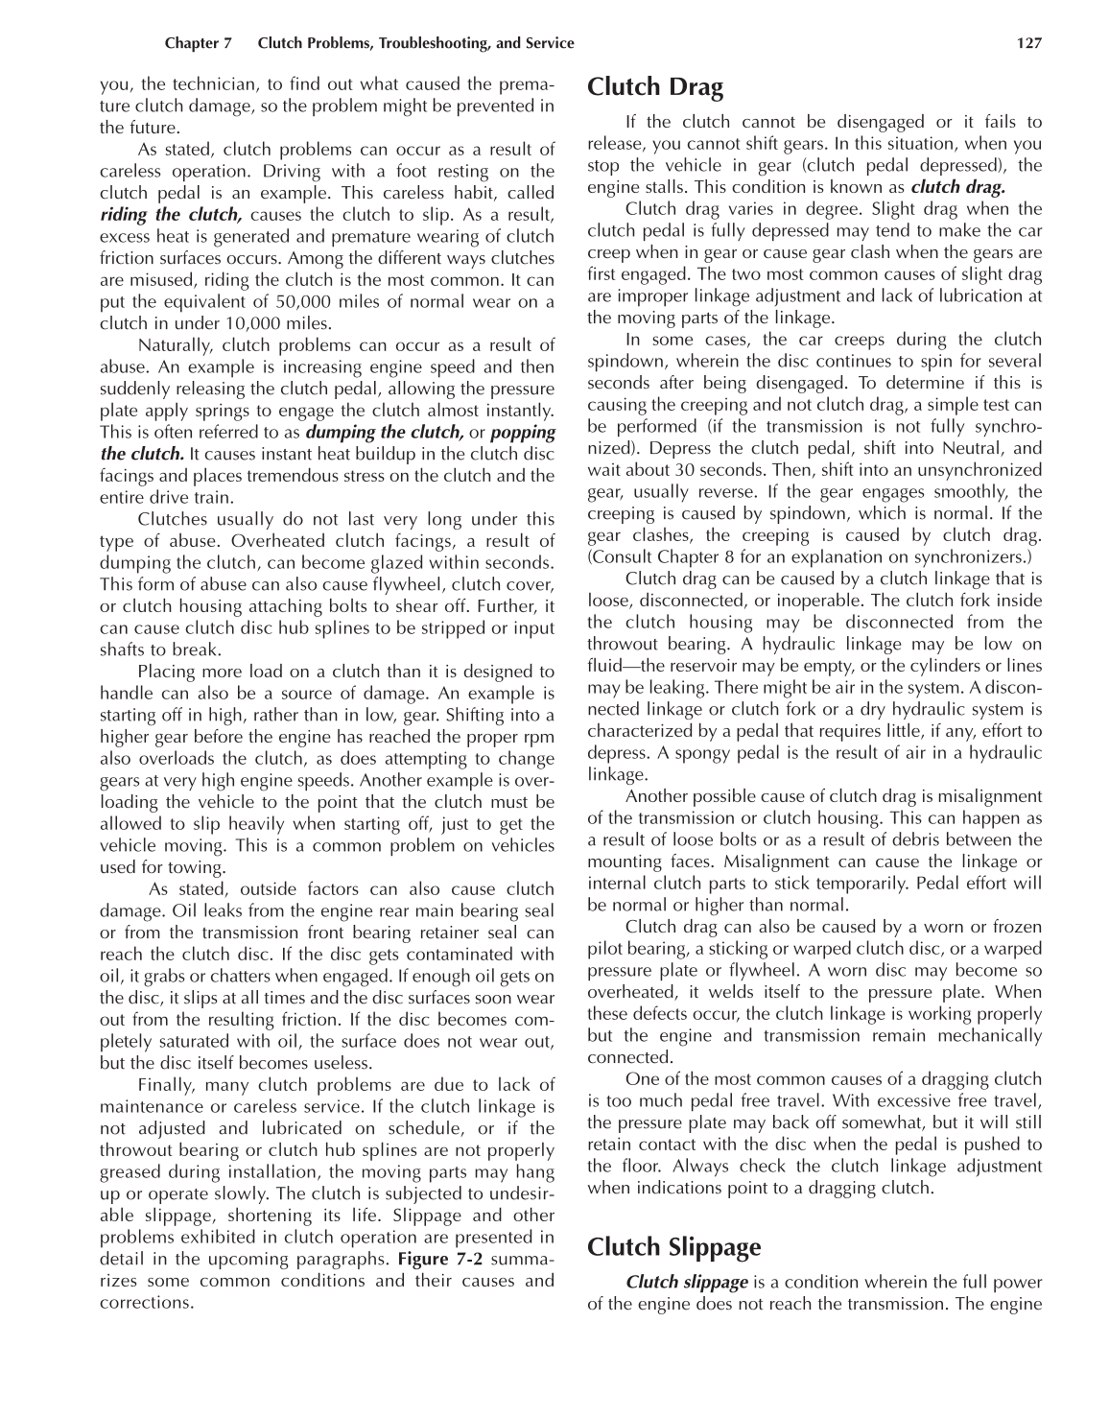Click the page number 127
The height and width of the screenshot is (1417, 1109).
tap(1029, 43)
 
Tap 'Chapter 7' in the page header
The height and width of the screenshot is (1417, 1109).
tap(199, 43)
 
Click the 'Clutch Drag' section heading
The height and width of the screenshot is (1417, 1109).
tap(655, 88)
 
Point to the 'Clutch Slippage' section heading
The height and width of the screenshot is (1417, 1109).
tap(674, 1247)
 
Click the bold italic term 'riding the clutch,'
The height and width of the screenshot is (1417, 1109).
tap(172, 215)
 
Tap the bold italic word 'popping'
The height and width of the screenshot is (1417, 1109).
tap(523, 432)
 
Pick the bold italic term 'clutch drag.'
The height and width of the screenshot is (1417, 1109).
tap(957, 187)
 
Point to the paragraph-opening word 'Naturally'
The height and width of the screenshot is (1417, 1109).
tap(174, 345)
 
